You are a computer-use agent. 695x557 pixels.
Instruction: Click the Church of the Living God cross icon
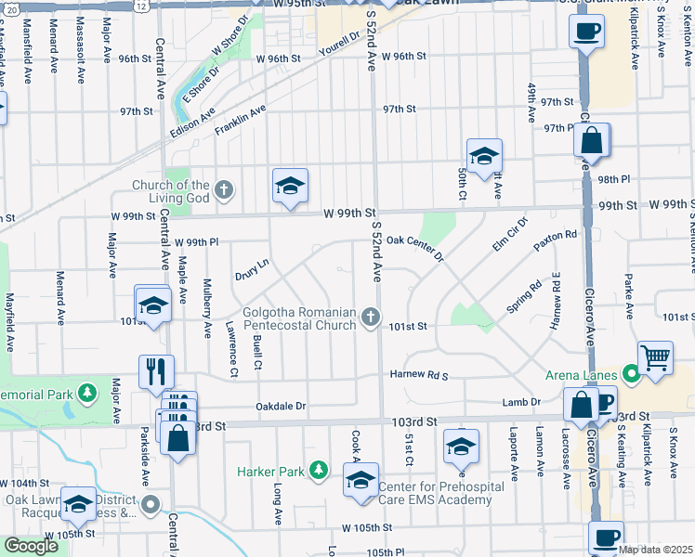(223, 191)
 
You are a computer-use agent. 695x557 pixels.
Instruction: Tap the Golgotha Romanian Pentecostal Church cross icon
(371, 318)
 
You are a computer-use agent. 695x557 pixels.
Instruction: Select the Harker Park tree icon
(319, 471)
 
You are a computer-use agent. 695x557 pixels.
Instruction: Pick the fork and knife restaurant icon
(157, 370)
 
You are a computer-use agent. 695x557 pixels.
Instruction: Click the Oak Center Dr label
(416, 240)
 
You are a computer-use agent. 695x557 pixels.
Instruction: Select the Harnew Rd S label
(419, 375)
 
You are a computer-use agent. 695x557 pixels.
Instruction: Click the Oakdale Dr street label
(281, 407)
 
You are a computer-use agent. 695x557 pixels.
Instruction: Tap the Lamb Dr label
(521, 401)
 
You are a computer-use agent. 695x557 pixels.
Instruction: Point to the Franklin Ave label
(240, 120)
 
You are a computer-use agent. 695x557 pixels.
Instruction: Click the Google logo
(31, 547)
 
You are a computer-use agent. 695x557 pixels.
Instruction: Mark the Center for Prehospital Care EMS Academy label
(435, 493)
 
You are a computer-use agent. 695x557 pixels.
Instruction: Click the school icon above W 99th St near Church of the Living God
(290, 186)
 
